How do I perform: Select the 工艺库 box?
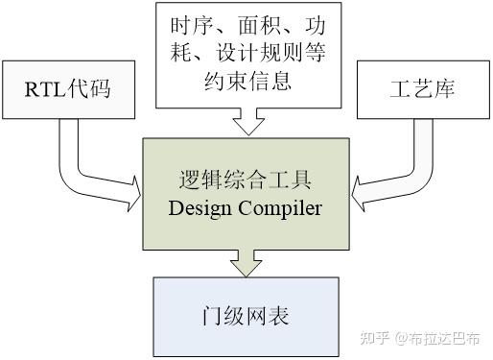point(423,89)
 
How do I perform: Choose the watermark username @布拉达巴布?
point(441,338)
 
